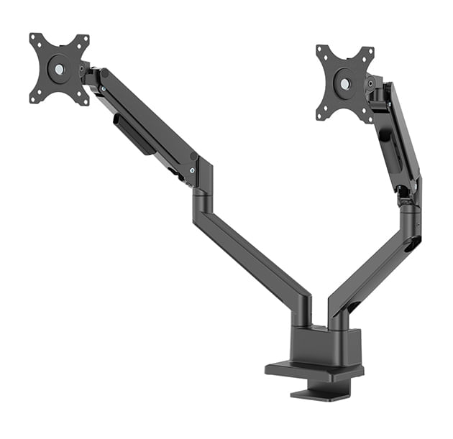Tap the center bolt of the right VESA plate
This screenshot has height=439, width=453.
tap(345, 83)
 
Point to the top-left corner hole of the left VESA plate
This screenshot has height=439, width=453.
tap(34, 38)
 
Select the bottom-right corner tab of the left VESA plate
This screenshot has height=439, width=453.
tap(84, 100)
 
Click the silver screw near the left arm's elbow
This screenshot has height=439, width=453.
tap(192, 170)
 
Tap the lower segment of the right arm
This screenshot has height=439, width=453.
tap(374, 266)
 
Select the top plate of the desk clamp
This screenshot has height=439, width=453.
tap(314, 371)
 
